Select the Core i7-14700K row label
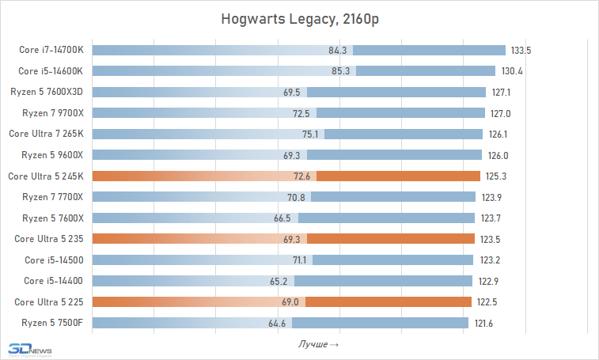coord(51,51)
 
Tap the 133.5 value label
coord(521,51)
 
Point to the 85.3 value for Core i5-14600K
coord(343,71)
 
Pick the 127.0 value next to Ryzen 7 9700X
coord(501,113)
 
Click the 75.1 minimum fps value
coord(311,134)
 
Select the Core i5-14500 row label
coord(54,260)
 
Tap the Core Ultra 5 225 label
coord(48,301)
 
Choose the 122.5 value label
coord(487,301)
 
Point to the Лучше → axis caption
coord(319,344)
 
